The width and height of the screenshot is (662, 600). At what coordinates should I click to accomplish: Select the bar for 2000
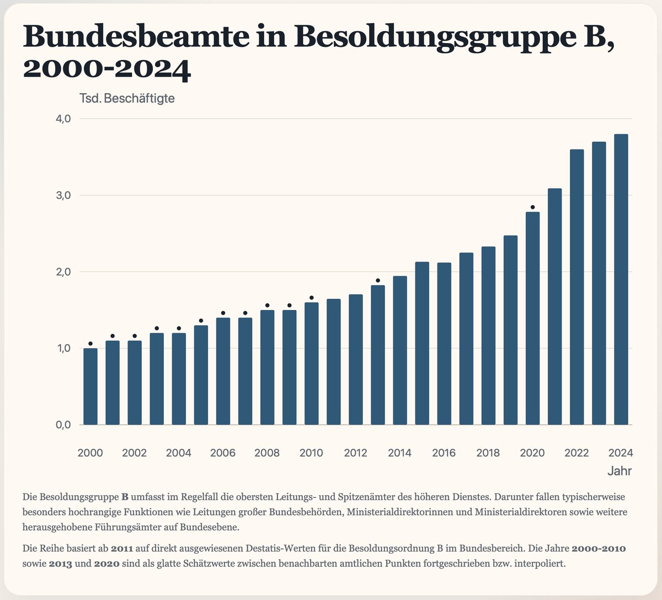(x=90, y=387)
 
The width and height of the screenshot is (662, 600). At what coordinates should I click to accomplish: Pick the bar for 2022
(x=576, y=287)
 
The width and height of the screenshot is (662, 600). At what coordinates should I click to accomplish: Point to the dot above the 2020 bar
(x=532, y=207)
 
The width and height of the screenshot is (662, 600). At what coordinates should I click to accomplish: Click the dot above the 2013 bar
(x=378, y=281)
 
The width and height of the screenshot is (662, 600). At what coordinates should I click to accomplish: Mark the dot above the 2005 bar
(x=201, y=321)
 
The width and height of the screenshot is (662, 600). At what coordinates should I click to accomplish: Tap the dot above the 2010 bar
(x=312, y=298)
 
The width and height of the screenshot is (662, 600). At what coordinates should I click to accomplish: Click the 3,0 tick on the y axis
(x=63, y=195)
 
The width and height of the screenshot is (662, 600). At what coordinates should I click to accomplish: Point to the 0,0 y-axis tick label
(x=63, y=425)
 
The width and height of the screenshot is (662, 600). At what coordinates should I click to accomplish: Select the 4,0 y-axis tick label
(x=63, y=119)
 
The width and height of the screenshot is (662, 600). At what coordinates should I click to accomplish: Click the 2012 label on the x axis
(x=356, y=453)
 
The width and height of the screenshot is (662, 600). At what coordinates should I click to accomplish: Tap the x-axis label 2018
(x=488, y=453)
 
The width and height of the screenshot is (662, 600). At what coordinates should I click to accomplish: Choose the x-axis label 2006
(x=223, y=453)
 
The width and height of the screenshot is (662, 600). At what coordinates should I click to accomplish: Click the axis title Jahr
(x=620, y=471)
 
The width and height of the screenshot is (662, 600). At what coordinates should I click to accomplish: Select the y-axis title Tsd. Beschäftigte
(x=127, y=99)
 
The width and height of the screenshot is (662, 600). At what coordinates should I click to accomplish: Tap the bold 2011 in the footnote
(x=121, y=549)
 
